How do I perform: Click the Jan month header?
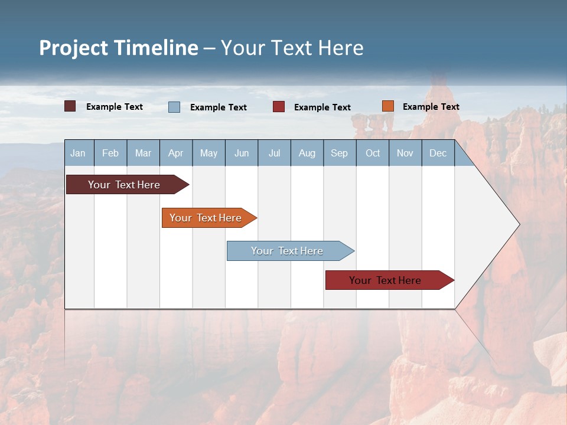coord(78,153)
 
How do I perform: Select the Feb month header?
coord(110,153)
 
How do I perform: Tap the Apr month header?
coord(175,153)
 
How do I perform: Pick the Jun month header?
coord(242,153)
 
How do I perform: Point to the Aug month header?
coord(307,153)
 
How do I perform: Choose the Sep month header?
coord(339,153)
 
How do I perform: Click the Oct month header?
coord(373,153)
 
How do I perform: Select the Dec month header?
coord(438,153)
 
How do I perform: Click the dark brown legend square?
coord(70,106)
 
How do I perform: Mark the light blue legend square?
coord(174,107)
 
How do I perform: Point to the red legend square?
coord(279,107)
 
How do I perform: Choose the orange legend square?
coord(387,106)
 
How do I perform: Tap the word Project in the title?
coord(74,48)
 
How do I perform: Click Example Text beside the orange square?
coord(431,107)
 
